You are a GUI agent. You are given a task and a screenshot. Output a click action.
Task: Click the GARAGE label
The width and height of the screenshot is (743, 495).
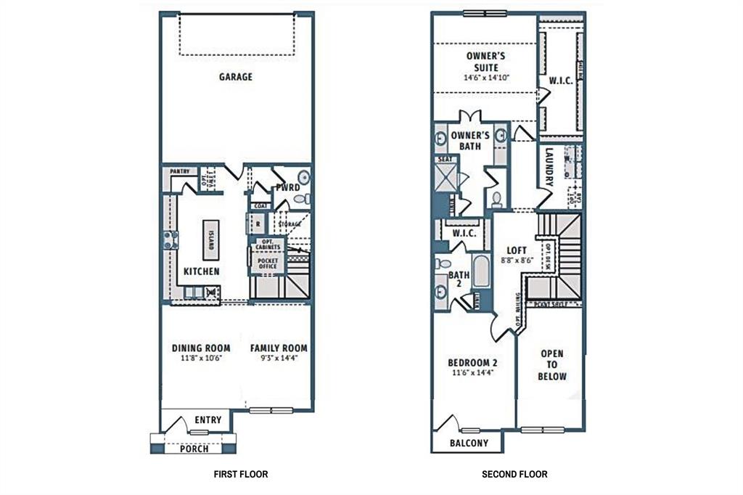pos(236,76)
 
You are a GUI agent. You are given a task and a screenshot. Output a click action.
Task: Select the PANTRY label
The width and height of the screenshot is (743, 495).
pos(180,172)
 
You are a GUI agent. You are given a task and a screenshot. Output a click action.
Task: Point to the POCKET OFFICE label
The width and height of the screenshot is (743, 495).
pos(268,263)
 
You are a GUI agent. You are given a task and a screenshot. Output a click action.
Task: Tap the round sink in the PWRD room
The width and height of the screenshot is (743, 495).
pos(304,177)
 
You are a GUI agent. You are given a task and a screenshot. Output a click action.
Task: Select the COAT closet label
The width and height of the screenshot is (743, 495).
pos(261,206)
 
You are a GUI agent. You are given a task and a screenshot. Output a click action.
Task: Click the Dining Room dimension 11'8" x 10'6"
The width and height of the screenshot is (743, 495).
pos(201,359)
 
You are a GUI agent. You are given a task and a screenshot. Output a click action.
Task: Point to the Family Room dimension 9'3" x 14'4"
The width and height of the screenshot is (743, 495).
pos(279,359)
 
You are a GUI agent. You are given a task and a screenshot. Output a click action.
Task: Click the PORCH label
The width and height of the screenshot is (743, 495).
pos(194,449)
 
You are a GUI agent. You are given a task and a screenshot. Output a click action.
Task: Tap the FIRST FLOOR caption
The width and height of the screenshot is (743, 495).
pos(240,475)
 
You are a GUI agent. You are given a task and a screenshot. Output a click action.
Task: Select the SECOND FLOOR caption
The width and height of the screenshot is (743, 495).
pos(514,475)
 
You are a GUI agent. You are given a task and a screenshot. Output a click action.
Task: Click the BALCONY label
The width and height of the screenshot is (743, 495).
pos(469,443)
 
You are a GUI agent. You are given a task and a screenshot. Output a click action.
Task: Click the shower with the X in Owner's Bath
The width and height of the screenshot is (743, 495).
pos(445,177)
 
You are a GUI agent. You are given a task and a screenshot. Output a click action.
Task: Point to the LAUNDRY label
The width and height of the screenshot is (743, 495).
pos(549,168)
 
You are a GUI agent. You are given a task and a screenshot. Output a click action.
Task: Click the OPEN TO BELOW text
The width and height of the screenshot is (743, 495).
pos(552,365)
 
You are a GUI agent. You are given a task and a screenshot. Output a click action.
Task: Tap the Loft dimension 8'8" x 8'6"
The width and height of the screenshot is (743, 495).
pos(517,260)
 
